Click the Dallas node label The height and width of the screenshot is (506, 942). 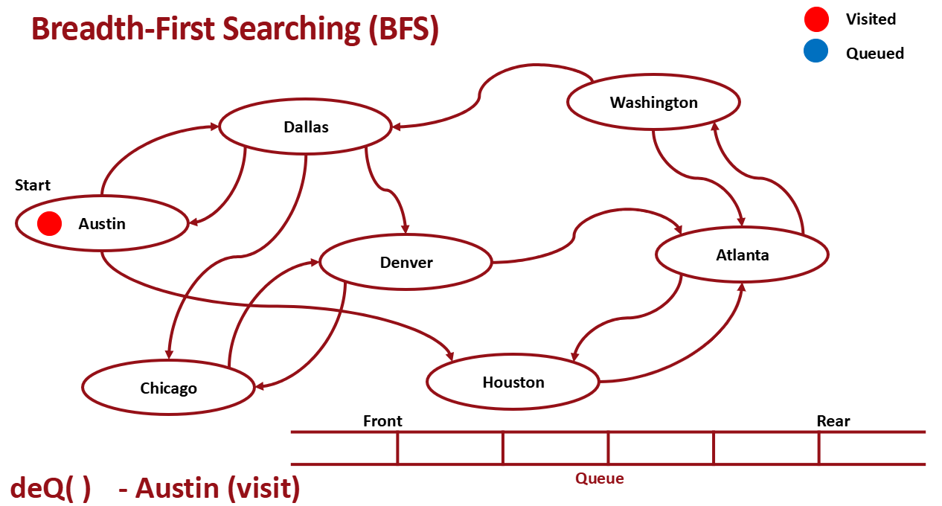[x=306, y=127]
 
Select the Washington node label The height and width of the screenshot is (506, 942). [x=653, y=103]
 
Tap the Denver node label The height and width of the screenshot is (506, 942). [x=406, y=263]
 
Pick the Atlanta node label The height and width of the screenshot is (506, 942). [x=742, y=255]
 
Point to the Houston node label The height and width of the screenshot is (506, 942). [x=513, y=382]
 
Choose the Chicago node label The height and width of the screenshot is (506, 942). [x=168, y=388]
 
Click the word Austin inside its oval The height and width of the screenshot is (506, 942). [x=102, y=224]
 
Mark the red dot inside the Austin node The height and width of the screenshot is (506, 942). [x=49, y=223]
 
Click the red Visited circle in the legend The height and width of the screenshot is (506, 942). [x=816, y=19]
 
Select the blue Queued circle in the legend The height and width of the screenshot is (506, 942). [x=816, y=52]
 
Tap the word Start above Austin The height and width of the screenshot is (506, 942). [x=33, y=185]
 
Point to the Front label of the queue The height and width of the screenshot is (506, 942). [x=382, y=421]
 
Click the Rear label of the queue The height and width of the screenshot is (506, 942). [x=833, y=421]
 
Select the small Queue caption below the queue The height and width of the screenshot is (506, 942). [x=599, y=478]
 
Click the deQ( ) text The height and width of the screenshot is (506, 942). [x=50, y=488]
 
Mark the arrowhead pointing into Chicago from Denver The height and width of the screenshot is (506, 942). [x=259, y=385]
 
